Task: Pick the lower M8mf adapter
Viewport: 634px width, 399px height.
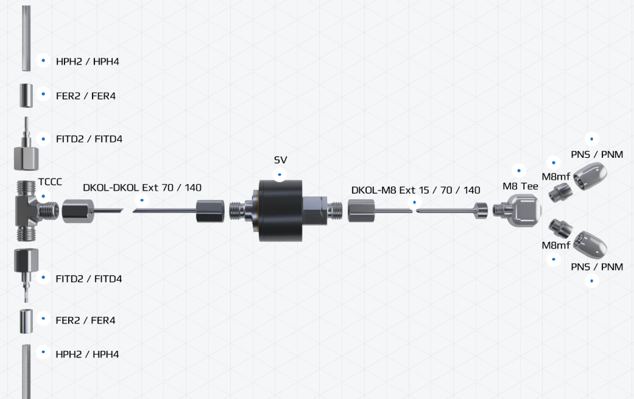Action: coord(561,228)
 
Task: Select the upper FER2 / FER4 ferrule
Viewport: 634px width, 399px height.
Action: coord(26,96)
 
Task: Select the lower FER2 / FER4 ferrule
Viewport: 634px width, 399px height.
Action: coord(26,321)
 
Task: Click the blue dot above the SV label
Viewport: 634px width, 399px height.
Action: coord(280,175)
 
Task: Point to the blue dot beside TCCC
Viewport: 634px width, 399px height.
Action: coord(43,197)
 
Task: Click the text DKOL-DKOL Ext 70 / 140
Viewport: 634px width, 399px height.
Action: coord(142,188)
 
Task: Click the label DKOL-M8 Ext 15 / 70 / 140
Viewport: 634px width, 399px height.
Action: coord(415,190)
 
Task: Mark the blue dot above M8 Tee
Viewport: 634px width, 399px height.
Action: coord(519,171)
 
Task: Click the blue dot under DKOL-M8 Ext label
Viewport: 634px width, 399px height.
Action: coord(415,202)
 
